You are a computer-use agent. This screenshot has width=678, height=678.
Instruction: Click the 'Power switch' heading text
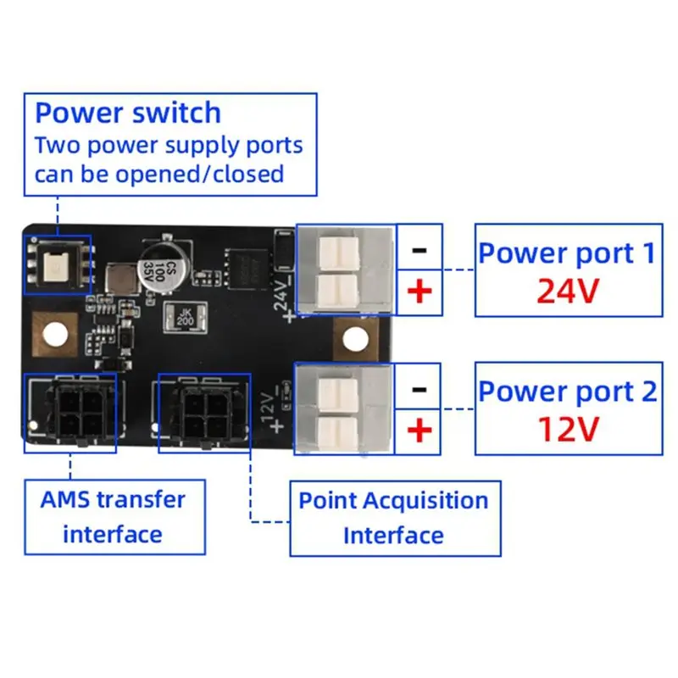click(x=128, y=114)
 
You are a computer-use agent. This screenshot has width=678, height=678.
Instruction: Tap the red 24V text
click(x=568, y=291)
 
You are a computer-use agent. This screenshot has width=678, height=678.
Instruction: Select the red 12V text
click(x=568, y=429)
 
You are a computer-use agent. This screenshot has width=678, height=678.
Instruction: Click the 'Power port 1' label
click(x=567, y=253)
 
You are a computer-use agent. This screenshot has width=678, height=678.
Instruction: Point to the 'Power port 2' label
click(x=568, y=392)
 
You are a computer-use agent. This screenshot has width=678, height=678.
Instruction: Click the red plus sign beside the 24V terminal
click(x=420, y=292)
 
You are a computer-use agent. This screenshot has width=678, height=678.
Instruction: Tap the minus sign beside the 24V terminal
click(x=420, y=250)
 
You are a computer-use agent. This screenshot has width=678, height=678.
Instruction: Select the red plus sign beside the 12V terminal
click(x=419, y=430)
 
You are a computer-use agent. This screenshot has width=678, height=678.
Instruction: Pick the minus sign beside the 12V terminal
click(x=419, y=389)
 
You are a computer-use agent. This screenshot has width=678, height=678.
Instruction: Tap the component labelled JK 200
click(x=185, y=318)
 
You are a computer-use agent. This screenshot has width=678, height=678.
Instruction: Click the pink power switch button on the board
click(x=58, y=265)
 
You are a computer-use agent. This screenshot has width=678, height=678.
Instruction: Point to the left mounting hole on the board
click(x=55, y=334)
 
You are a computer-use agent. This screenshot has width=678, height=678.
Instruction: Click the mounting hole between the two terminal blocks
click(x=355, y=338)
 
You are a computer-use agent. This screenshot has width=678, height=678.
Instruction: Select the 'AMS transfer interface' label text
click(x=113, y=517)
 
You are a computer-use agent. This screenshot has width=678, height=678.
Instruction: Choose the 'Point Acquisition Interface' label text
click(x=393, y=518)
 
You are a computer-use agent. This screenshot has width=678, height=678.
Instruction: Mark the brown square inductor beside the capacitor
click(x=121, y=280)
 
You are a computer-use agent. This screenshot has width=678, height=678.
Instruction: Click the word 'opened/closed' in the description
click(x=200, y=175)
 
